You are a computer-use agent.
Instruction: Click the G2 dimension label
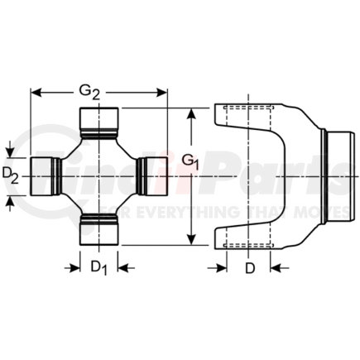tap(99, 91)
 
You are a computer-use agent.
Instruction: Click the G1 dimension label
tap(192, 160)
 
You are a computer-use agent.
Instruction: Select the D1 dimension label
tap(99, 267)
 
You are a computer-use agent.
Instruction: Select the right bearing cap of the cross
tap(152, 175)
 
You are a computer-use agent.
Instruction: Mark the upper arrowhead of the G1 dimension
tap(192, 112)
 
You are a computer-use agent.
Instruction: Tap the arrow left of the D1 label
tap(74, 267)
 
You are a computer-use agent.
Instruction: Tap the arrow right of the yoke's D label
tap(277, 267)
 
